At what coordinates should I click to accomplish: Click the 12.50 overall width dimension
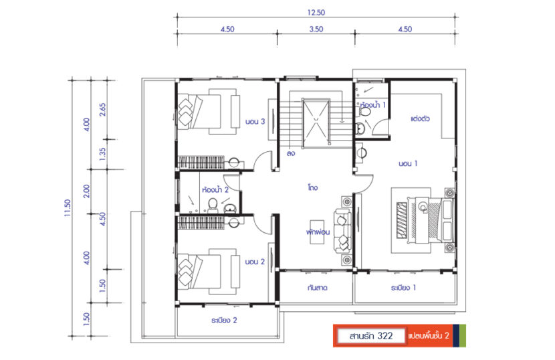316,12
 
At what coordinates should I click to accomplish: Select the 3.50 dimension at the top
316,29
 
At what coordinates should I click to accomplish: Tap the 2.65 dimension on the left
103,109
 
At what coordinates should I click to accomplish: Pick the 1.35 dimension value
103,154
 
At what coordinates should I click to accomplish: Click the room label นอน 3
256,122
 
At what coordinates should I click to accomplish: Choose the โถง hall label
312,188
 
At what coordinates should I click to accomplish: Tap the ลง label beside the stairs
291,153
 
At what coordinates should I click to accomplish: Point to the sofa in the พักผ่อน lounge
342,230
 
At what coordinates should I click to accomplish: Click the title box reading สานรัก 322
370,335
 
